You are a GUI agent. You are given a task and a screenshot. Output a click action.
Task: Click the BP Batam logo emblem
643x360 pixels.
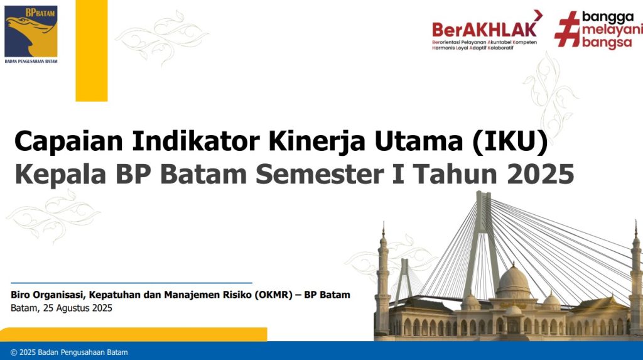click(31, 31)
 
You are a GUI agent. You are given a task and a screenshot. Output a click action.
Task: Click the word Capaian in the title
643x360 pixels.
click(68, 141)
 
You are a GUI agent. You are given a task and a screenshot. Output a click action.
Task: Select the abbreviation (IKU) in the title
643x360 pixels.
click(510, 141)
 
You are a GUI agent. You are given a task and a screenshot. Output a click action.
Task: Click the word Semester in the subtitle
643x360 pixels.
click(320, 174)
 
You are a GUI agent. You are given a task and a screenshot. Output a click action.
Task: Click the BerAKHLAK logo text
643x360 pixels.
click(484, 29)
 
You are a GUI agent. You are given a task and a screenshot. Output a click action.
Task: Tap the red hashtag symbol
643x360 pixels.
click(567, 29)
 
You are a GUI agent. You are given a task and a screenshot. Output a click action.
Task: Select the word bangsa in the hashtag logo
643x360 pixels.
click(607, 43)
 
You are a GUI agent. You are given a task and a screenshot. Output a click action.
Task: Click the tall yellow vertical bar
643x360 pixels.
click(92, 50)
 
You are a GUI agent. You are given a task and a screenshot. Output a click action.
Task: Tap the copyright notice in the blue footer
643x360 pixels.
click(69, 352)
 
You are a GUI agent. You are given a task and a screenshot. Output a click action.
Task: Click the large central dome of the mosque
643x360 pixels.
click(513, 281)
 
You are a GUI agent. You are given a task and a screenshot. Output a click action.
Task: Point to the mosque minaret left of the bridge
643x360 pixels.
click(382, 279)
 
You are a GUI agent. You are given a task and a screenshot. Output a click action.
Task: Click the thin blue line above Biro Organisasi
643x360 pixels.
click(131, 283)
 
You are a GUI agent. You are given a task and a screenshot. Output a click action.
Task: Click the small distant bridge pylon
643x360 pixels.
click(404, 281)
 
